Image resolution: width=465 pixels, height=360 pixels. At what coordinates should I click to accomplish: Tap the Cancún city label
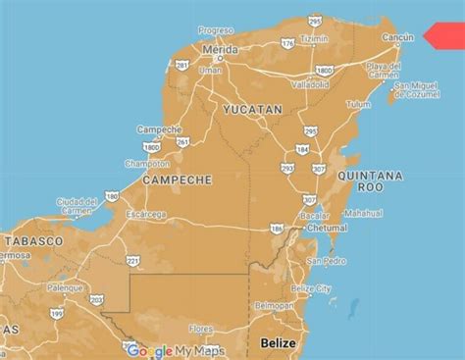[x=398, y=37]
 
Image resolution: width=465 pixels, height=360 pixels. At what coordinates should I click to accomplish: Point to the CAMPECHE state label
[x=178, y=180]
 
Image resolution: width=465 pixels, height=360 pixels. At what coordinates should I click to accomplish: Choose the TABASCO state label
[x=33, y=240]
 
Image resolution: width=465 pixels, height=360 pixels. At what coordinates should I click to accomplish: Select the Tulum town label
[x=360, y=103]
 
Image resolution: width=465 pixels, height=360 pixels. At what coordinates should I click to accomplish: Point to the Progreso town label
[x=216, y=30]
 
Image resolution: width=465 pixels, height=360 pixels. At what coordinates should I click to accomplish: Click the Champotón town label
[x=146, y=166]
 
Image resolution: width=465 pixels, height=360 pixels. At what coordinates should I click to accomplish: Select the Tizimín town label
[x=314, y=37]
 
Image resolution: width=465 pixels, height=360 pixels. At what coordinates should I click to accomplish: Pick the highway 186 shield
[x=277, y=229]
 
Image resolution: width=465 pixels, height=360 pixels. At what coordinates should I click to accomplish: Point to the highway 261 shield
[x=182, y=142]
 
